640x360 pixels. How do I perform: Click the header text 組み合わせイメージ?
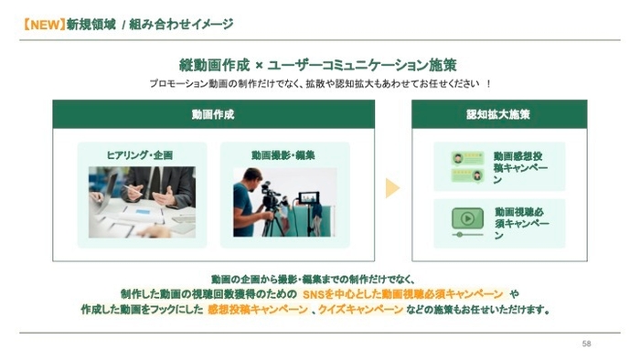181,23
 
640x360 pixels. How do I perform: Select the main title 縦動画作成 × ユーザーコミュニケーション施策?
320,65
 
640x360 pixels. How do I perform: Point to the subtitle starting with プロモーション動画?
320,84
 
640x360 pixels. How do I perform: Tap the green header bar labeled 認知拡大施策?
499,115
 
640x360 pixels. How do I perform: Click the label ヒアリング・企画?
141,155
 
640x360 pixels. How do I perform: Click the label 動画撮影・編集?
283,155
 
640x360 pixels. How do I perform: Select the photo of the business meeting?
141,202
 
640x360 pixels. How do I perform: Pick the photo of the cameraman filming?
284,202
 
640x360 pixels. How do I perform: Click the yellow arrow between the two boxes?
393,188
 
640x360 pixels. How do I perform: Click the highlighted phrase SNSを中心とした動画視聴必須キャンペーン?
402,293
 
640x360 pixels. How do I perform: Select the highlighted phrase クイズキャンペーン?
361,311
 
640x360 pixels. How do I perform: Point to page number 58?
586,344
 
